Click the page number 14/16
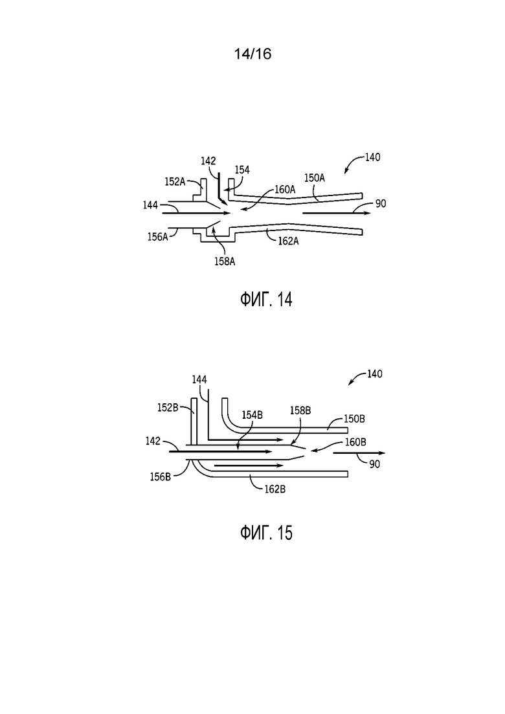pos(252,54)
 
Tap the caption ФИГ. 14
pos(266,300)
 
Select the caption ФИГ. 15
pos(266,533)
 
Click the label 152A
pos(175,182)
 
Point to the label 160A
pos(285,190)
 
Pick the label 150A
pos(314,178)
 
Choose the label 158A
pos(225,262)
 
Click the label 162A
pos(288,241)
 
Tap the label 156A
pos(157,237)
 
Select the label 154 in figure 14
pos(242,170)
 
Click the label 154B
pos(252,416)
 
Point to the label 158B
pos(300,411)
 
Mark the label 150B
pos(353,418)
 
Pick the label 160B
pos(355,442)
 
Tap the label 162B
pos(275,489)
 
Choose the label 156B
pos(161,477)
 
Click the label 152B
pos(168,408)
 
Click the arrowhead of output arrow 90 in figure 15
pos(382,453)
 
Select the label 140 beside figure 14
pos(372,157)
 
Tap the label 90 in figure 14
pos(381,204)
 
